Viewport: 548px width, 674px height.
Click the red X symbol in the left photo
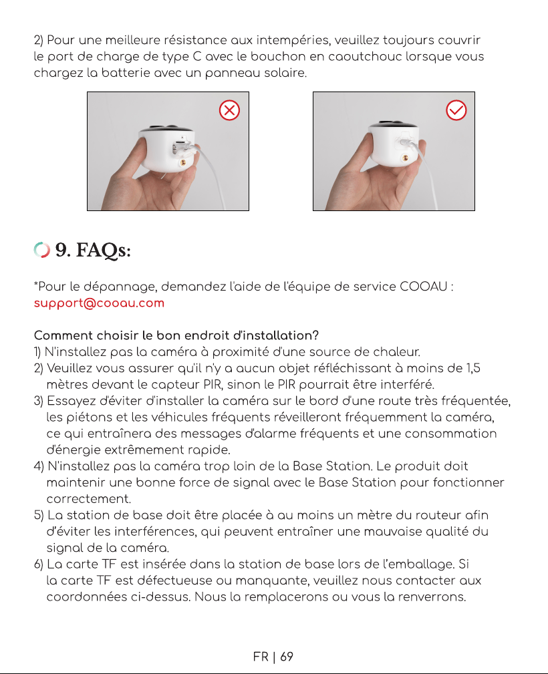coord(230,110)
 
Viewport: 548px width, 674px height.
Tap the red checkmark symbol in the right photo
coord(456,110)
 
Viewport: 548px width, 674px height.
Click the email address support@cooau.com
coord(99,303)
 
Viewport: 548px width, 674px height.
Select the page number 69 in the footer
coord(287,657)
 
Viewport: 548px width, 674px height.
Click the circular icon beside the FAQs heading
coord(41,250)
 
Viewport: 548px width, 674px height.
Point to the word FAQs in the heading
coord(103,250)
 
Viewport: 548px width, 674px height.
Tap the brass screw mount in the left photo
coord(184,162)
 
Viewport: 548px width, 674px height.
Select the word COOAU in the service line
coord(423,287)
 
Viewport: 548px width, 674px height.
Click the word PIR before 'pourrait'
coord(287,384)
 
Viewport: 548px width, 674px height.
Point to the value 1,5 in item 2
coord(474,368)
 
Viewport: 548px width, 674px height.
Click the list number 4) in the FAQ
coord(39,466)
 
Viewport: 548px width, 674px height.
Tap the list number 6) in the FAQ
coord(39,564)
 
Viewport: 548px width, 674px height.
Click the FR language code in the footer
coord(261,657)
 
